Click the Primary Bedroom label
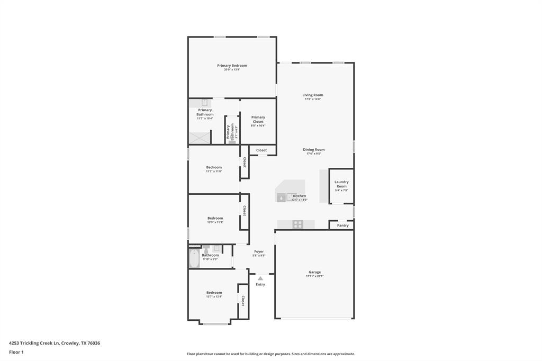click(x=232, y=66)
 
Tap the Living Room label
click(x=313, y=95)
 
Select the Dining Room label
click(x=314, y=150)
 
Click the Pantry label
click(x=343, y=225)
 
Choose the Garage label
click(x=314, y=272)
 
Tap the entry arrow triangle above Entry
click(x=260, y=278)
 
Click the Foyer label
click(x=259, y=251)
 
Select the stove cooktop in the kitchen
click(x=298, y=224)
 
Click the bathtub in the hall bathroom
click(x=194, y=258)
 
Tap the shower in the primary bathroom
click(x=200, y=138)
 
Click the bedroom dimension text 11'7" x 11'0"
click(x=214, y=172)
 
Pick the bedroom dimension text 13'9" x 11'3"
click(x=215, y=222)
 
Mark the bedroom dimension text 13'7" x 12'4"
click(x=214, y=297)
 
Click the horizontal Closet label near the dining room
click(x=261, y=150)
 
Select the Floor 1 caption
click(x=16, y=352)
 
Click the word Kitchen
click(x=300, y=196)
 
